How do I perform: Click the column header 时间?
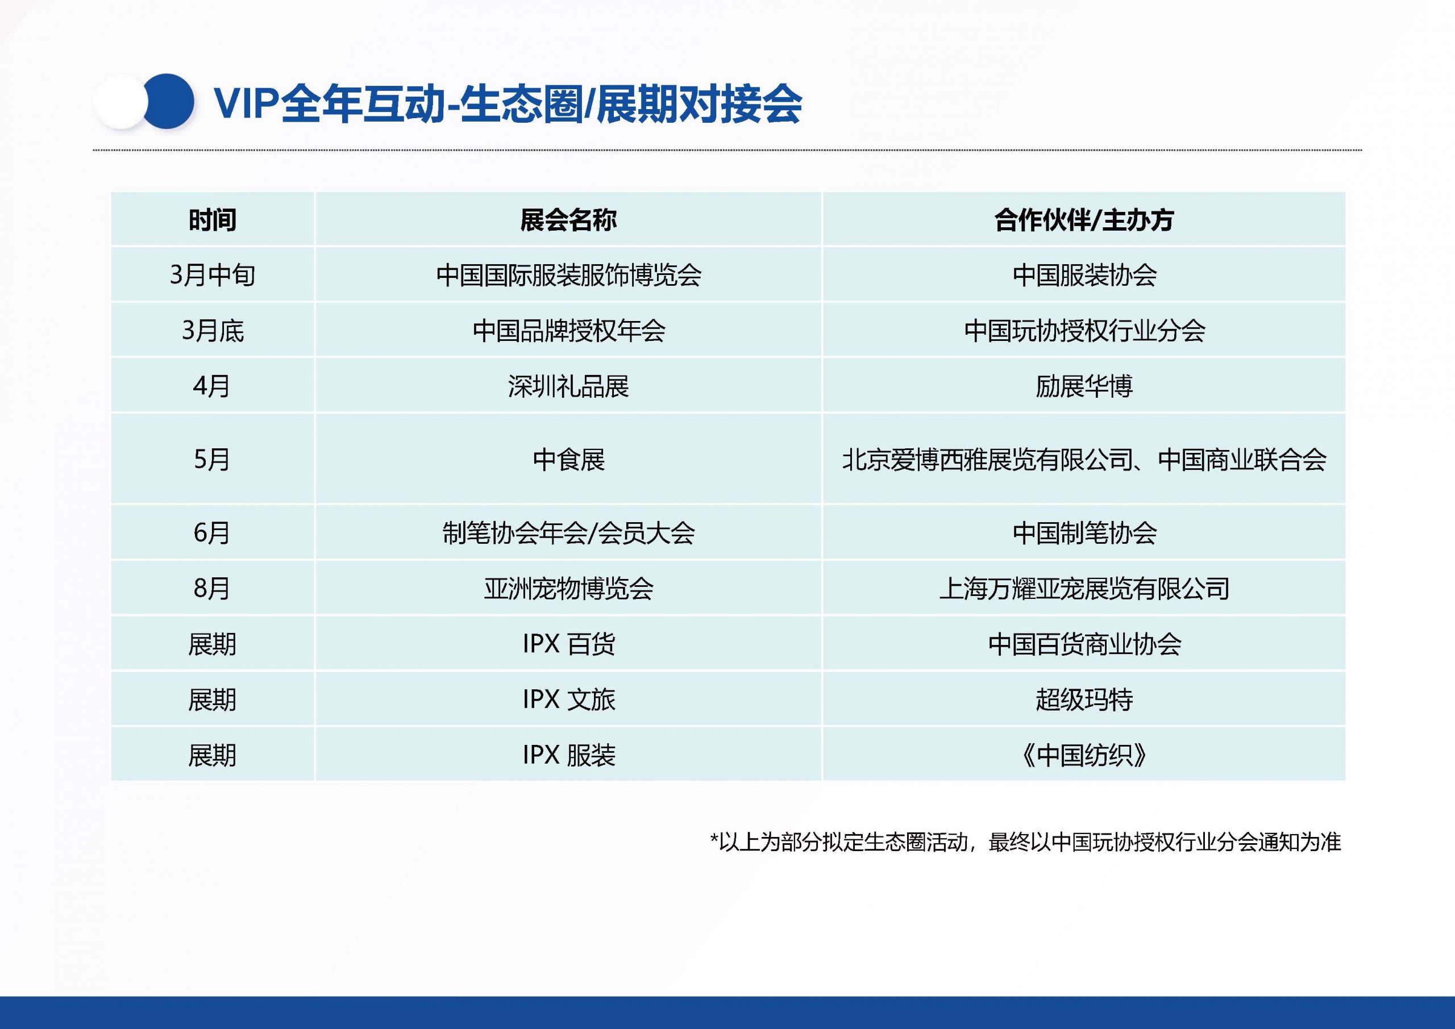[x=213, y=220]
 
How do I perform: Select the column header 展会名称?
[x=568, y=220]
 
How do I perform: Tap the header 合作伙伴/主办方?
[x=1084, y=220]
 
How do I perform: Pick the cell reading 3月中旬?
[x=213, y=275]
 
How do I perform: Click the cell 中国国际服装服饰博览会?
[x=568, y=275]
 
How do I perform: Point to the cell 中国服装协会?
[x=1084, y=275]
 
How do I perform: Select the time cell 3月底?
[x=213, y=330]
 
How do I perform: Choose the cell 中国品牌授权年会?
[x=568, y=330]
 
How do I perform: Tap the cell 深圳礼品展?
[x=568, y=386]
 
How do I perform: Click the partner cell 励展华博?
[x=1084, y=386]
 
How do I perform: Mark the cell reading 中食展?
[x=568, y=459]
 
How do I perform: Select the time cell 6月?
[x=213, y=533]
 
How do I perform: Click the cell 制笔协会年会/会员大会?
[x=568, y=533]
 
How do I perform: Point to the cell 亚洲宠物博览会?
[x=568, y=589]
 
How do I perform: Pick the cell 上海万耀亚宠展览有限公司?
[x=1084, y=589]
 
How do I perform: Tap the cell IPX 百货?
[x=568, y=644]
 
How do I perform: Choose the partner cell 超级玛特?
[x=1084, y=699]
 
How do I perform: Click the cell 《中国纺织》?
[x=1084, y=755]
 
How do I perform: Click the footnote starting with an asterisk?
[x=1025, y=842]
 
